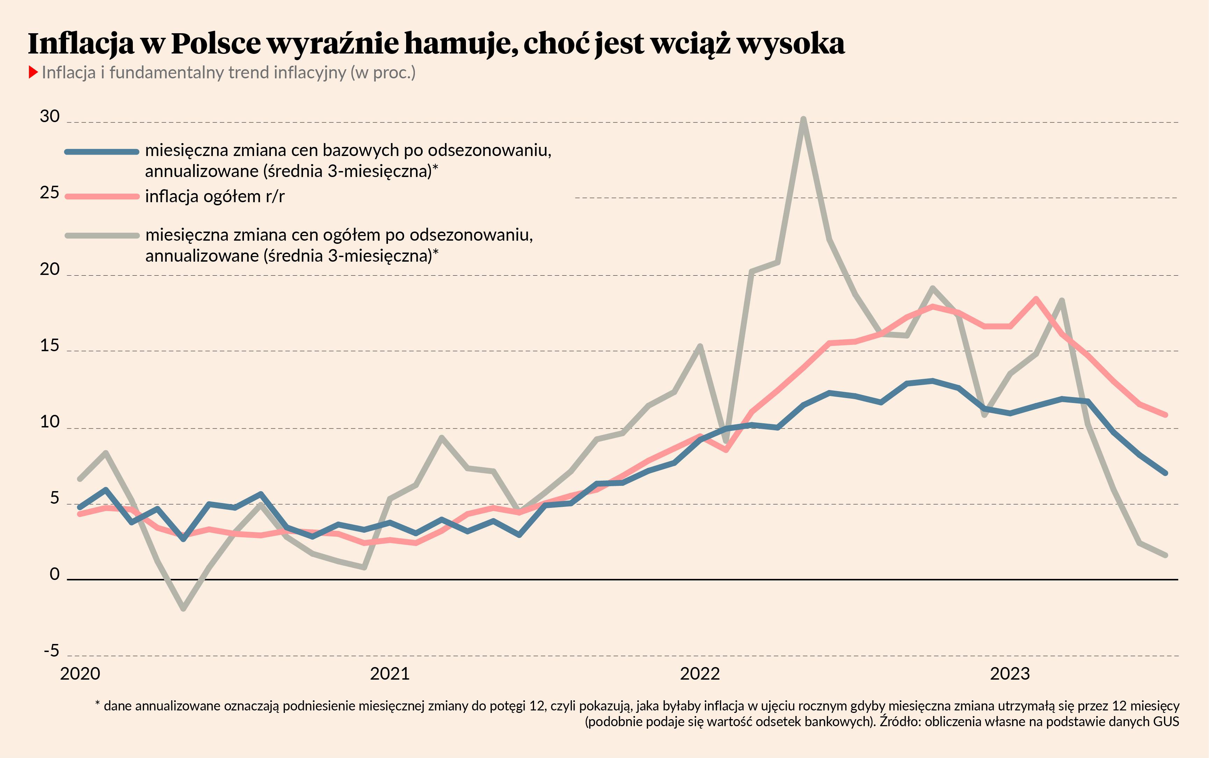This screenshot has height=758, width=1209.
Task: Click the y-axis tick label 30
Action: pos(50,116)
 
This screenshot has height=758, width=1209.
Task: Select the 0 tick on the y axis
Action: pos(55,574)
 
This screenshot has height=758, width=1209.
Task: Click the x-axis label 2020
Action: pos(80,673)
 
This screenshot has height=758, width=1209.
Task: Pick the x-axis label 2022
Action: pos(700,673)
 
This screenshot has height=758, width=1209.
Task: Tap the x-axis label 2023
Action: pos(1010,673)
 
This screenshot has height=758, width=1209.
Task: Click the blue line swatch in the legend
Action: pos(102,151)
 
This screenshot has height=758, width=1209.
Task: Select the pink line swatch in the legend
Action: pos(102,197)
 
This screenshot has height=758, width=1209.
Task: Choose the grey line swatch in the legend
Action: pos(102,235)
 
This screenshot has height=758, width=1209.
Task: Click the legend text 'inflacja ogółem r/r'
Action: pos(214,197)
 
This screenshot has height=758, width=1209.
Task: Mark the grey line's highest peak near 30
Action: pos(803,119)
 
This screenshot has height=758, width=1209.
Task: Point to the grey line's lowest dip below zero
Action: pos(183,609)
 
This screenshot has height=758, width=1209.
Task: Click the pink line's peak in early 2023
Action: pos(1036,299)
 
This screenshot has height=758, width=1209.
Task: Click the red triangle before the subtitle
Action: pos(33,72)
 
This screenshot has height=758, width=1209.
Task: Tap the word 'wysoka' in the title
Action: pos(791,44)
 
